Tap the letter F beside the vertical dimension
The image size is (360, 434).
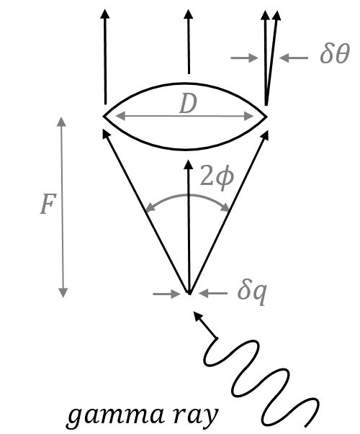(x=47, y=206)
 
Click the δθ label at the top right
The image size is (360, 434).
(x=334, y=55)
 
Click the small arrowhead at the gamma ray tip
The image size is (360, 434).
(x=199, y=318)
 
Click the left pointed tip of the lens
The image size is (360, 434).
(x=104, y=115)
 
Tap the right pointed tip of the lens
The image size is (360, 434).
(x=267, y=115)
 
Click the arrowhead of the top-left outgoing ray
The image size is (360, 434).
(x=105, y=16)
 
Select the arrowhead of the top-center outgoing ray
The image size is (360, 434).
(x=188, y=16)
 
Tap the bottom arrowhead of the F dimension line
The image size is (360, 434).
(x=63, y=292)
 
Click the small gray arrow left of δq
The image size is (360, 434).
(x=167, y=293)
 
